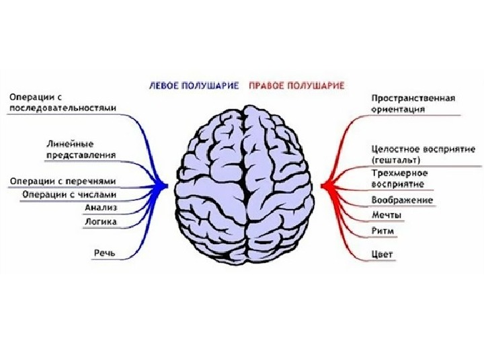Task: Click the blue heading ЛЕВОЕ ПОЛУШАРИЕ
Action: [194, 87]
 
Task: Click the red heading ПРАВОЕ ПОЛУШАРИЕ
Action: [296, 87]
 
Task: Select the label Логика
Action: [101, 221]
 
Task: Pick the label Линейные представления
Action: [81, 149]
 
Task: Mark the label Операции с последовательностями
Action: [63, 103]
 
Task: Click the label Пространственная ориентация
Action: [413, 104]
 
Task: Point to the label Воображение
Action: [402, 200]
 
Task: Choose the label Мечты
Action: [387, 216]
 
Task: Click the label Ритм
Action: [382, 231]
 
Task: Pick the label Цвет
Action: [382, 255]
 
